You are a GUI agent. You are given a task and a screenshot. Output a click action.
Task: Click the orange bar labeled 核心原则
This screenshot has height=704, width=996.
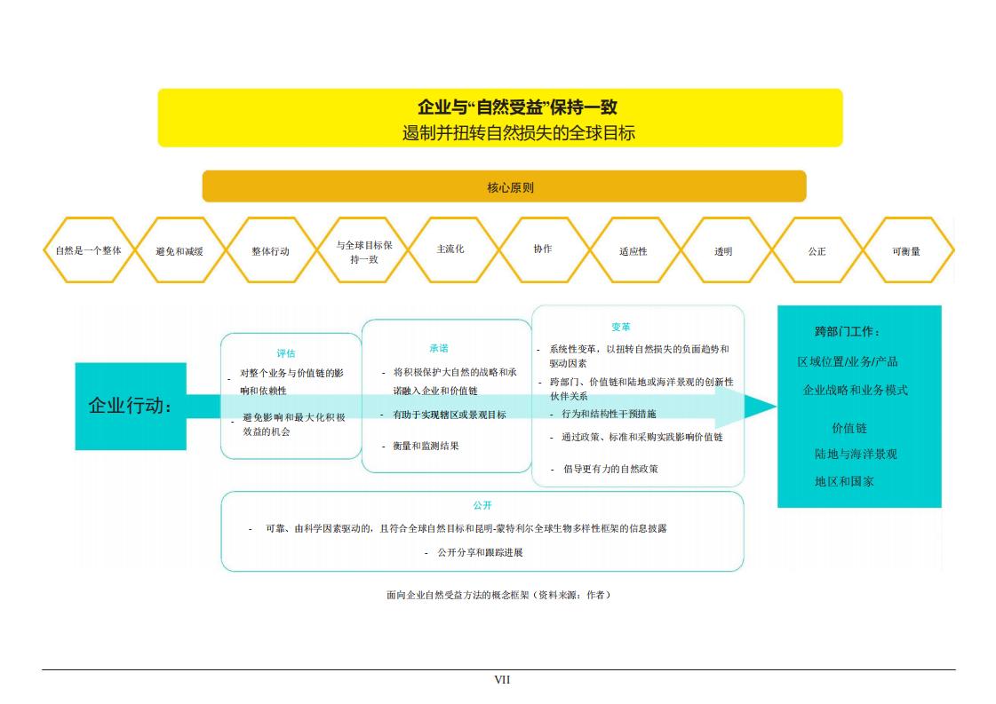[x=504, y=186]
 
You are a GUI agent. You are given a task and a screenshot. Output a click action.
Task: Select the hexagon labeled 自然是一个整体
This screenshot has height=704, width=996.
[x=88, y=250]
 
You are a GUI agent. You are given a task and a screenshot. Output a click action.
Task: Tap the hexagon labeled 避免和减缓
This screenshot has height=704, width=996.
[x=179, y=250]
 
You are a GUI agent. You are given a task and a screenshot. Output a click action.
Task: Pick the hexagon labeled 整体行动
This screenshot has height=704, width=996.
[x=271, y=250]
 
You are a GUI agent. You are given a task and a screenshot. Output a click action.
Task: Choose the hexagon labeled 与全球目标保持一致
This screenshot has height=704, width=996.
[x=363, y=250]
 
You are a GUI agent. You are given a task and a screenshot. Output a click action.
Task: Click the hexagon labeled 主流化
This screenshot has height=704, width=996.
[x=451, y=250]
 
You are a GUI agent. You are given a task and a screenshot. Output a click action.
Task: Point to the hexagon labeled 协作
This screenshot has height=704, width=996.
[x=544, y=250]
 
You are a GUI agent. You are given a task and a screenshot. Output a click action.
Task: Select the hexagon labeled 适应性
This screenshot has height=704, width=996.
[x=633, y=250]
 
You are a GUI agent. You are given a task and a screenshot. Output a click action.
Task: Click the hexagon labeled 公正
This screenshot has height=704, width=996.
[x=817, y=250]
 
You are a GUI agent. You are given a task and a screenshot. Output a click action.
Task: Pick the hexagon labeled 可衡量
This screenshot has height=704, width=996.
[x=908, y=250]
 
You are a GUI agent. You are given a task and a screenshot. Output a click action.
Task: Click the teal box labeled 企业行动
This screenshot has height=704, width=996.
[x=131, y=407]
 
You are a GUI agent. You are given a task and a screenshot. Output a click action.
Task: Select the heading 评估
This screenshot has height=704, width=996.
[x=286, y=353]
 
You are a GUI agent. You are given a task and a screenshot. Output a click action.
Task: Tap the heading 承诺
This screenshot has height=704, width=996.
[x=439, y=348]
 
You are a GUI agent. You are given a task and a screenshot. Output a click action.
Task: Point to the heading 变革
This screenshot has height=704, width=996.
[x=620, y=327]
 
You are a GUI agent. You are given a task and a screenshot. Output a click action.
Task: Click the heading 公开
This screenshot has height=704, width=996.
[x=482, y=505]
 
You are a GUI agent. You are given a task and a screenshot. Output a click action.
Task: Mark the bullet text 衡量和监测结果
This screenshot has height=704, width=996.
[x=426, y=447]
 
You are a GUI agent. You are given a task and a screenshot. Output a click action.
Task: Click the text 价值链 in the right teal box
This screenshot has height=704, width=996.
[x=849, y=429]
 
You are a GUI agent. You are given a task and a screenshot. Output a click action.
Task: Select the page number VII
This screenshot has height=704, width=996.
[x=502, y=680]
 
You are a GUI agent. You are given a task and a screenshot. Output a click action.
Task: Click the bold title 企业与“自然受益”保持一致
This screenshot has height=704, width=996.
[x=517, y=107]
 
